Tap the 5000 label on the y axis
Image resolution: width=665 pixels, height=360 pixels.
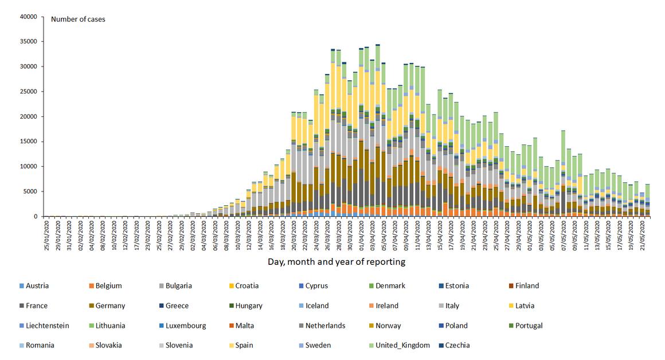pos(30,191)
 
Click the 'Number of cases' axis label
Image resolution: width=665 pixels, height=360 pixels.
pos(78,19)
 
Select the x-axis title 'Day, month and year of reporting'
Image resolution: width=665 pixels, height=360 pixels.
pos(337,261)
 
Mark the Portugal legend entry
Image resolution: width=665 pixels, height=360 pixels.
pos(528,326)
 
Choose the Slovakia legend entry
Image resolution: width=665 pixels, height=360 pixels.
pos(108,346)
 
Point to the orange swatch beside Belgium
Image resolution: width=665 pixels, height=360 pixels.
pos(91,286)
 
